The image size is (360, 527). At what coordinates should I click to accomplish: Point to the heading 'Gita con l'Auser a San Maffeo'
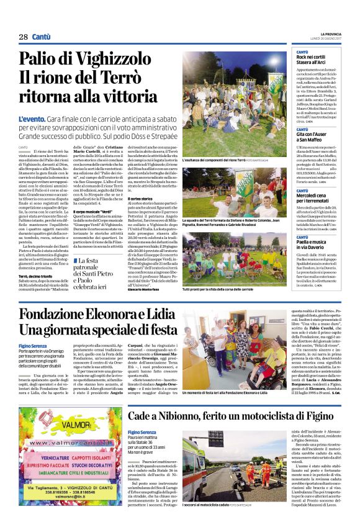pyautogui.click(x=313, y=132)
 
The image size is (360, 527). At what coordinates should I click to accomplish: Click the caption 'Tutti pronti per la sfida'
pyautogui.click(x=218, y=289)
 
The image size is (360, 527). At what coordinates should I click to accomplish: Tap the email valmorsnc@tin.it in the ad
pyautogui.click(x=63, y=495)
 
